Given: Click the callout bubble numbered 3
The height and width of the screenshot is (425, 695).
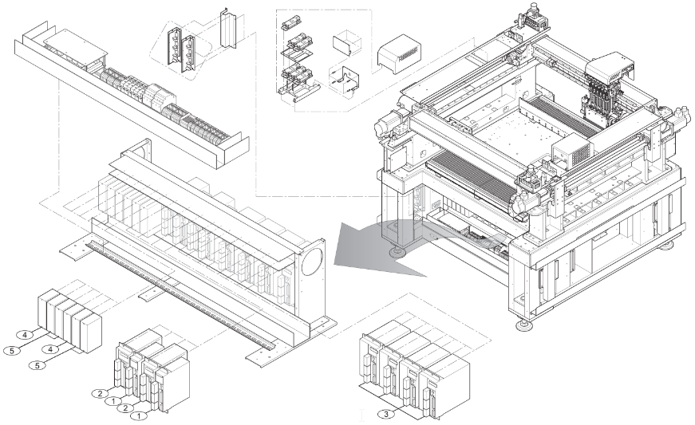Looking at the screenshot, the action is pyautogui.click(x=386, y=415).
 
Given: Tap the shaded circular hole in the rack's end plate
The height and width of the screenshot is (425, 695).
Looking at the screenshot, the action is pyautogui.click(x=313, y=262).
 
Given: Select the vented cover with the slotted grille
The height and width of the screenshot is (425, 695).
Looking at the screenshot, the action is pyautogui.click(x=399, y=53).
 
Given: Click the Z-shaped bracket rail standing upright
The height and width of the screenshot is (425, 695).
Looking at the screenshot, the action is pyautogui.click(x=228, y=29).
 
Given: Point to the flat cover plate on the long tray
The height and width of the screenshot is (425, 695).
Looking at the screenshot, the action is pyautogui.click(x=75, y=48).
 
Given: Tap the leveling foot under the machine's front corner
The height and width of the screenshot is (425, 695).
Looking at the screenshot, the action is pyautogui.click(x=526, y=326).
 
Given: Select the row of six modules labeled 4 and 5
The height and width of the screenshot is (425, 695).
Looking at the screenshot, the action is pyautogui.click(x=69, y=320).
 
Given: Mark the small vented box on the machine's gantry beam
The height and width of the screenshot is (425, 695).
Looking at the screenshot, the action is pyautogui.click(x=573, y=153).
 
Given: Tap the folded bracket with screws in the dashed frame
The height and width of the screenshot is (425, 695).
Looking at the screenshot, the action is pyautogui.click(x=345, y=80).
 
